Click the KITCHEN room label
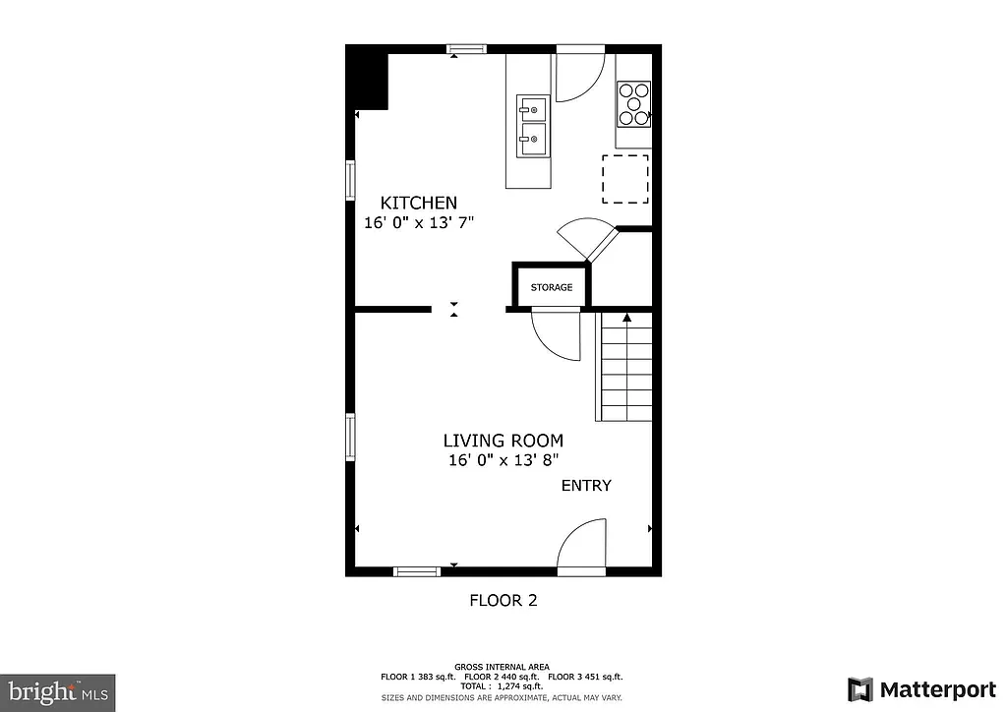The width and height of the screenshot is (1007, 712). point(419,203)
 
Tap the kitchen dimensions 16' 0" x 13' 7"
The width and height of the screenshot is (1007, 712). point(419,222)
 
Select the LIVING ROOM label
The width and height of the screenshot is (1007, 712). point(503,442)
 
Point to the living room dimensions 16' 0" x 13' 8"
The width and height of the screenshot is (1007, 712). point(503,459)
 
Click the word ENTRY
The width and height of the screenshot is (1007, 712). point(586,486)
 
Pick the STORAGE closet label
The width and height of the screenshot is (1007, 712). point(552,287)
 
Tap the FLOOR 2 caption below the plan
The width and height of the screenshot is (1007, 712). point(503,600)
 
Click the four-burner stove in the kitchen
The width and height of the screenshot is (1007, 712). point(633,103)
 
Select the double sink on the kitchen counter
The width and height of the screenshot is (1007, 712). point(532,126)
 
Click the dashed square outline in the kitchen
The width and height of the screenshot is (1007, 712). point(625,178)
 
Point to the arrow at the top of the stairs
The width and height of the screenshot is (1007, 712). point(626,318)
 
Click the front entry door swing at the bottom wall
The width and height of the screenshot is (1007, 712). point(580,548)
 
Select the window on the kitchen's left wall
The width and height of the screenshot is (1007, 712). point(350,180)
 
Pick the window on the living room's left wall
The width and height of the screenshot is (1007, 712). point(350,436)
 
